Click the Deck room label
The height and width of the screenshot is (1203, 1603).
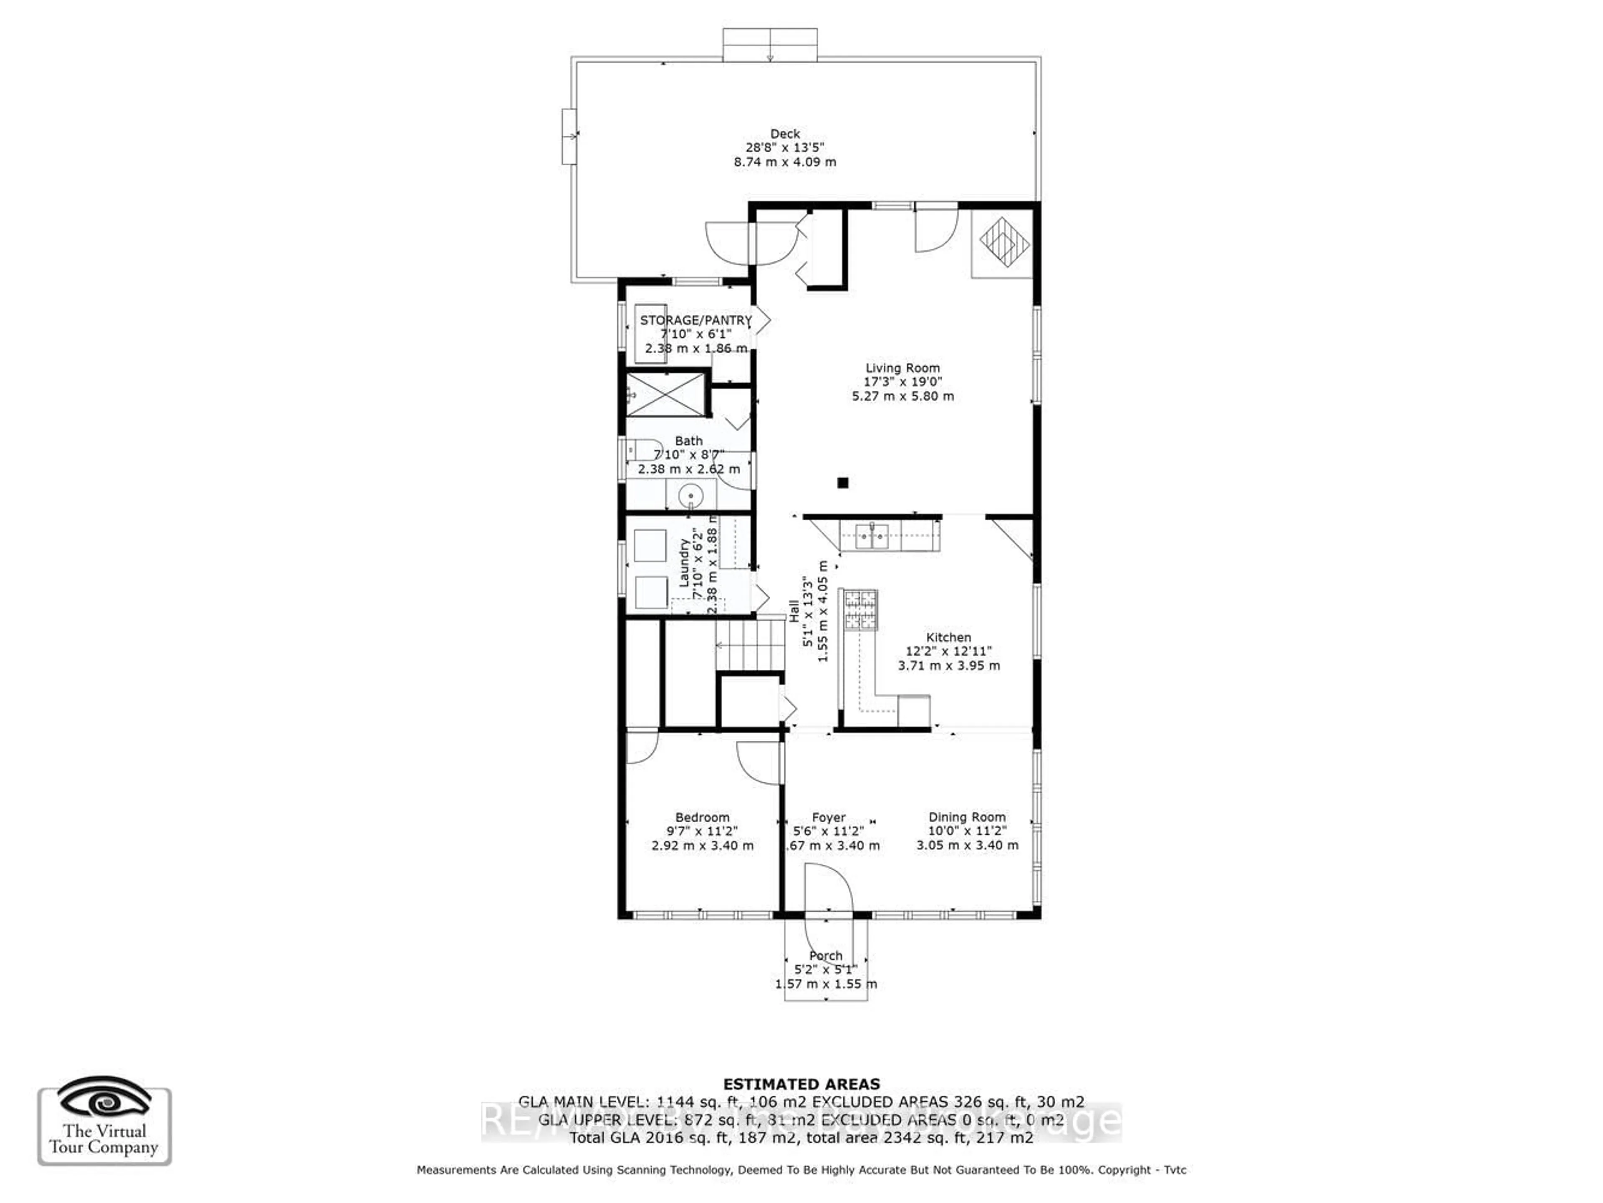pyautogui.click(x=785, y=134)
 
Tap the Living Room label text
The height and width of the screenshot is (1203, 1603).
pyautogui.click(x=902, y=368)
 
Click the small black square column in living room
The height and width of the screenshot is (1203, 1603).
pyautogui.click(x=842, y=483)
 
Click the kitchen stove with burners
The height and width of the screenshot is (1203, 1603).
pyautogui.click(x=860, y=610)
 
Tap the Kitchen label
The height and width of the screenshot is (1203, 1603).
pyautogui.click(x=948, y=638)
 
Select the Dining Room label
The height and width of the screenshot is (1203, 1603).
pyautogui.click(x=967, y=818)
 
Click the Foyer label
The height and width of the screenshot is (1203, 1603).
pyautogui.click(x=828, y=818)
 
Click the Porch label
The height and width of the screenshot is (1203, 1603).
pyautogui.click(x=825, y=956)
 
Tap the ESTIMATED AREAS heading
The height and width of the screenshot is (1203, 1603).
pyautogui.click(x=801, y=1084)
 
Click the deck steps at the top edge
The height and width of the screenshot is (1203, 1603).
pyautogui.click(x=770, y=45)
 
